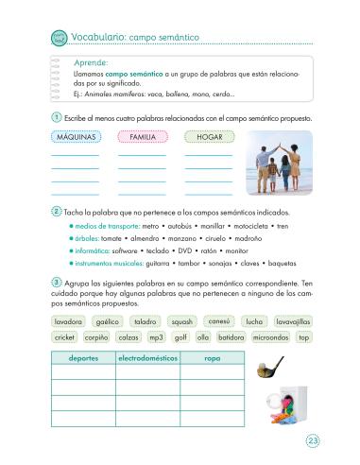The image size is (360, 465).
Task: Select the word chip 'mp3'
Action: point(157,337)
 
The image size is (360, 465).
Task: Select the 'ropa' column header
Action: point(212,359)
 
